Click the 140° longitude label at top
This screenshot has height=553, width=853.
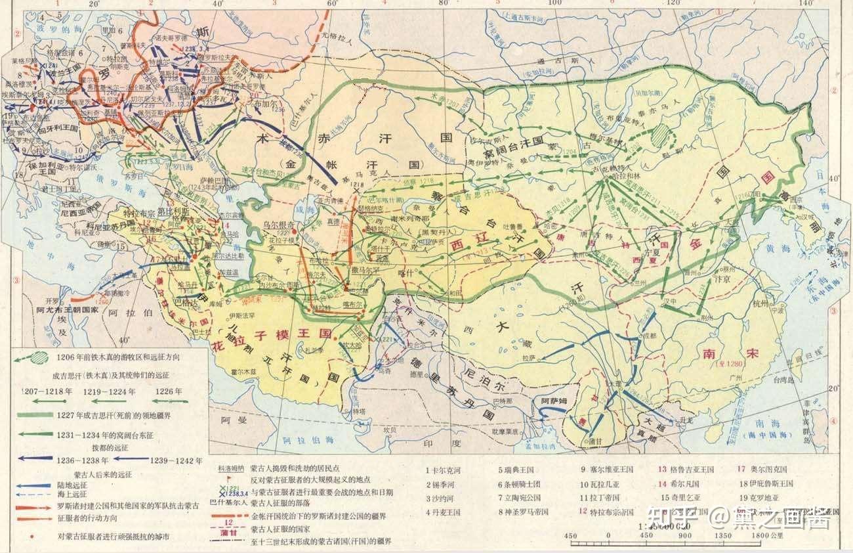point(802,3)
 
